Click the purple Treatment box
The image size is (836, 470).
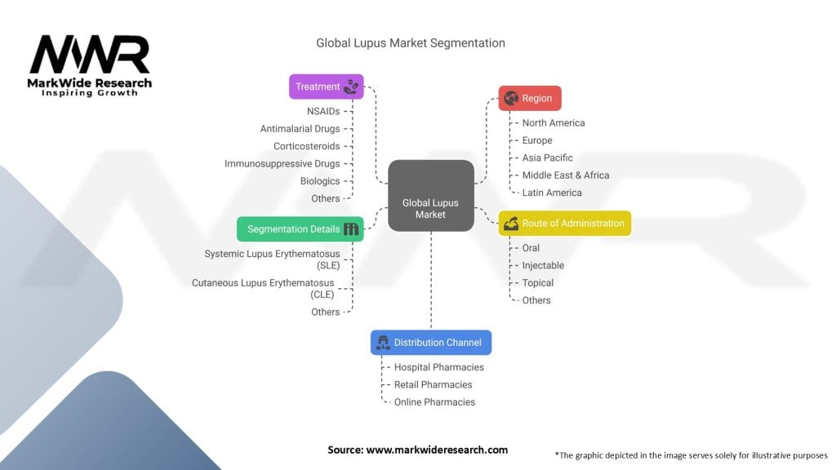pyautogui.click(x=327, y=86)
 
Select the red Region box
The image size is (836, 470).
pyautogui.click(x=530, y=98)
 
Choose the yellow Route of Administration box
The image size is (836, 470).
pyautogui.click(x=564, y=224)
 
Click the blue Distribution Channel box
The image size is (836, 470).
pyautogui.click(x=431, y=343)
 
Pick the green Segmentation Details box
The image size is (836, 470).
pyautogui.click(x=300, y=229)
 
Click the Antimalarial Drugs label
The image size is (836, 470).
pyautogui.click(x=300, y=129)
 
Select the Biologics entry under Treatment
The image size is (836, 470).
pyautogui.click(x=320, y=181)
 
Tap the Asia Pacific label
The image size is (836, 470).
pyautogui.click(x=547, y=157)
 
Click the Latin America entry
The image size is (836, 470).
pyautogui.click(x=552, y=193)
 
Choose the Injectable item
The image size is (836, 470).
pyautogui.click(x=543, y=265)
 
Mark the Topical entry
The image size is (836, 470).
pyautogui.click(x=538, y=283)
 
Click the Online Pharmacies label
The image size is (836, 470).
pyautogui.click(x=434, y=402)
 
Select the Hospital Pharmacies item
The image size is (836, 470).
pyautogui.click(x=438, y=367)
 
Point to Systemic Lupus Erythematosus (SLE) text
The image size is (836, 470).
pyautogui.click(x=272, y=259)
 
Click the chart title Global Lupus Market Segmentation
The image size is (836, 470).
pyautogui.click(x=411, y=42)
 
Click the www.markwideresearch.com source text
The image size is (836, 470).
pyautogui.click(x=418, y=450)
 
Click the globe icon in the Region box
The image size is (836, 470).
pyautogui.click(x=511, y=98)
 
